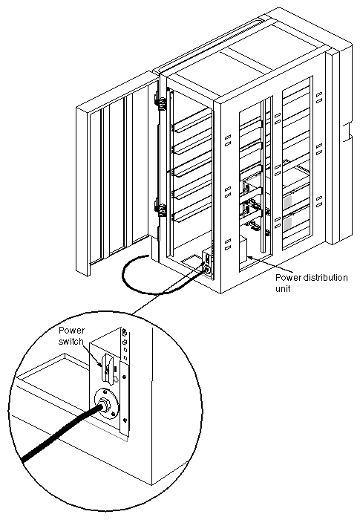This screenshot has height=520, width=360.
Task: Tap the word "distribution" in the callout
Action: (321, 278)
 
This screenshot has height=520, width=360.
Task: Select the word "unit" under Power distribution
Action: (284, 288)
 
